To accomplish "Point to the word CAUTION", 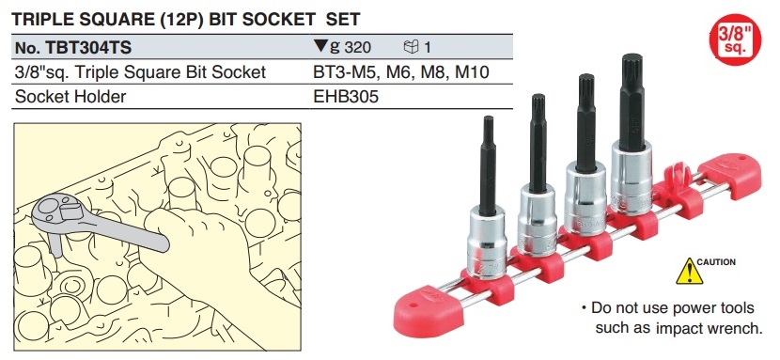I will coord(716,261).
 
